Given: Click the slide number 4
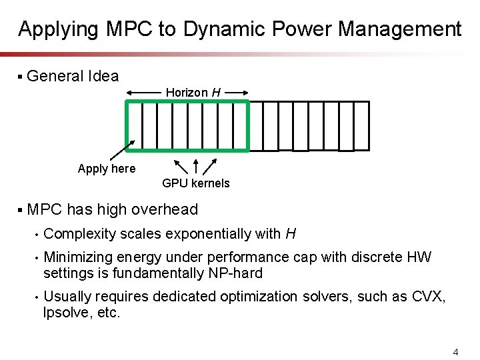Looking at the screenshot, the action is (x=455, y=351).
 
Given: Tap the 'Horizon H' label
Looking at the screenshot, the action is (x=193, y=92).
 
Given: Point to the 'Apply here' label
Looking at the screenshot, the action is (x=107, y=169).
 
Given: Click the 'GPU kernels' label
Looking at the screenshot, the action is (x=195, y=183).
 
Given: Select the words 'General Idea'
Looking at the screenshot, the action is (x=73, y=77).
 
